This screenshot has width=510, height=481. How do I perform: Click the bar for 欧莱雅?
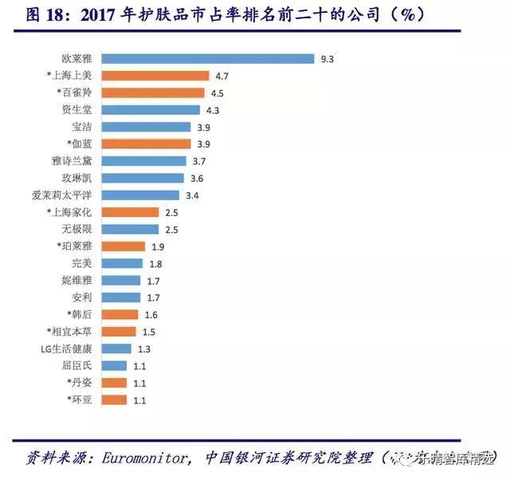(209, 58)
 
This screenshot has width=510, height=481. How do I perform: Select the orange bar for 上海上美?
(155, 75)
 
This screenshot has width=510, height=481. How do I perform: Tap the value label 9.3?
(327, 58)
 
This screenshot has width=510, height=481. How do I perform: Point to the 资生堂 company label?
(77, 109)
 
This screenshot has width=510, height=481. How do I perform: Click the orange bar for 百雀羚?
(154, 93)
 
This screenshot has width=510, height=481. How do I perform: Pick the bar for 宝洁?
(147, 126)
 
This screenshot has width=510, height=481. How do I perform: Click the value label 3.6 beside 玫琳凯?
(197, 178)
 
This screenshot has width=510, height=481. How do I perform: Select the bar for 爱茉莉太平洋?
(142, 195)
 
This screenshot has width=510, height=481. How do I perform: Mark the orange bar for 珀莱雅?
(124, 246)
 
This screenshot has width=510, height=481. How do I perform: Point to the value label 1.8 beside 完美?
(155, 263)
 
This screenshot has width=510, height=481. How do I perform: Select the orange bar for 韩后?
(121, 314)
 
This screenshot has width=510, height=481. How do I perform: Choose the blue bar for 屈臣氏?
(116, 365)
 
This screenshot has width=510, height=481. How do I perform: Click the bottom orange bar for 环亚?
(116, 400)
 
